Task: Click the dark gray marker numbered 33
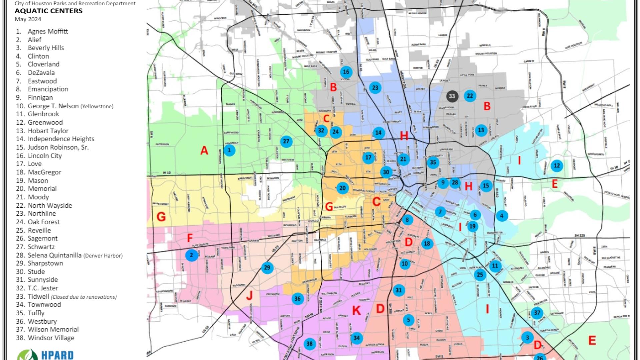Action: (x=452, y=96)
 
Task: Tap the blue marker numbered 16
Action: (x=346, y=72)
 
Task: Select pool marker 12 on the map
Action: (x=557, y=166)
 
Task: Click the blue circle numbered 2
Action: (x=191, y=256)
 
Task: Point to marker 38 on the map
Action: (x=310, y=344)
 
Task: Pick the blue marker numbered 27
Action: (x=286, y=141)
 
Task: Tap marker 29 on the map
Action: (x=267, y=268)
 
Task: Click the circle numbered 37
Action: (x=537, y=313)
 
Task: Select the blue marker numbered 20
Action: (x=342, y=188)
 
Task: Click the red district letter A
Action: (x=204, y=151)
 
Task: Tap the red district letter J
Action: (x=249, y=295)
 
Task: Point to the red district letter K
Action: (x=356, y=311)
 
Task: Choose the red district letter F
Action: (x=190, y=238)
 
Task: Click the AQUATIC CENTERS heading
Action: (x=48, y=11)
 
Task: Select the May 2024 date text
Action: (x=28, y=19)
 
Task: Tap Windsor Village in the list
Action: (x=51, y=338)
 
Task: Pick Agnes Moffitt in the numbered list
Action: (x=48, y=31)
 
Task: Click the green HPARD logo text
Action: (x=57, y=355)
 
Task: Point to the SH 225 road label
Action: (x=579, y=235)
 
